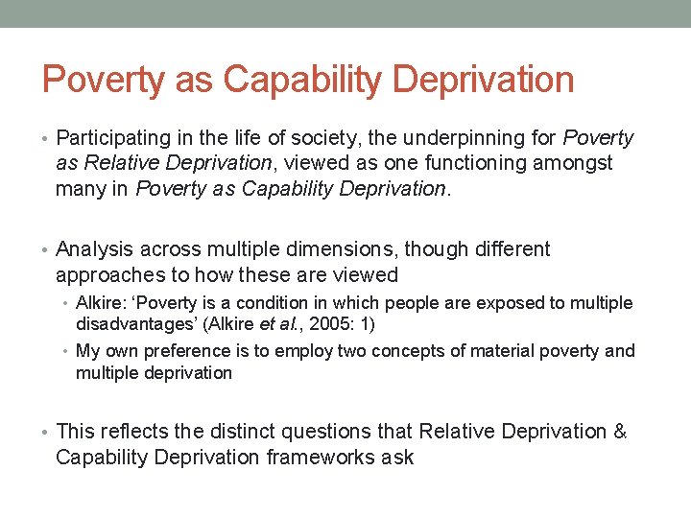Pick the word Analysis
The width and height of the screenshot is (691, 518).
tap(95, 249)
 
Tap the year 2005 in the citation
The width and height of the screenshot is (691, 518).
tap(321, 324)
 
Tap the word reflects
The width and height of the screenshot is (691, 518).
tap(130, 432)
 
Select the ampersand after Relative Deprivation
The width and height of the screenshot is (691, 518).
tap(619, 432)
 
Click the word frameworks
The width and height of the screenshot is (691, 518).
tap(310, 457)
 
